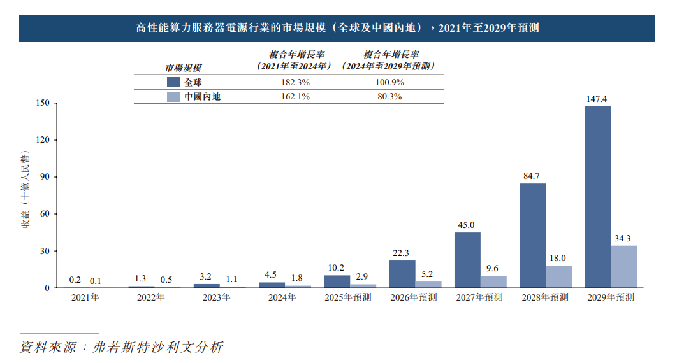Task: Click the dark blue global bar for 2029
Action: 597,197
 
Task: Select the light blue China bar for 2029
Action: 623,267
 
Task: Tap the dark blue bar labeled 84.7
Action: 532,236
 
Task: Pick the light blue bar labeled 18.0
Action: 558,277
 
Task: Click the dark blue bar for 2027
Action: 467,260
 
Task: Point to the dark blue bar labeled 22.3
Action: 402,274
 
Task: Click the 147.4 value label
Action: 597,99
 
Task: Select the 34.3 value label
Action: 623,238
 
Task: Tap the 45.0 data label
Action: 467,225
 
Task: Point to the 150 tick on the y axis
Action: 43,103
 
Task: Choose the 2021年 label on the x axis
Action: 85,297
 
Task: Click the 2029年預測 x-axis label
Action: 611,297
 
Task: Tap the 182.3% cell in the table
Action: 295,82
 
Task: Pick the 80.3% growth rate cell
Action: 389,97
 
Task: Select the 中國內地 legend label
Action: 202,97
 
